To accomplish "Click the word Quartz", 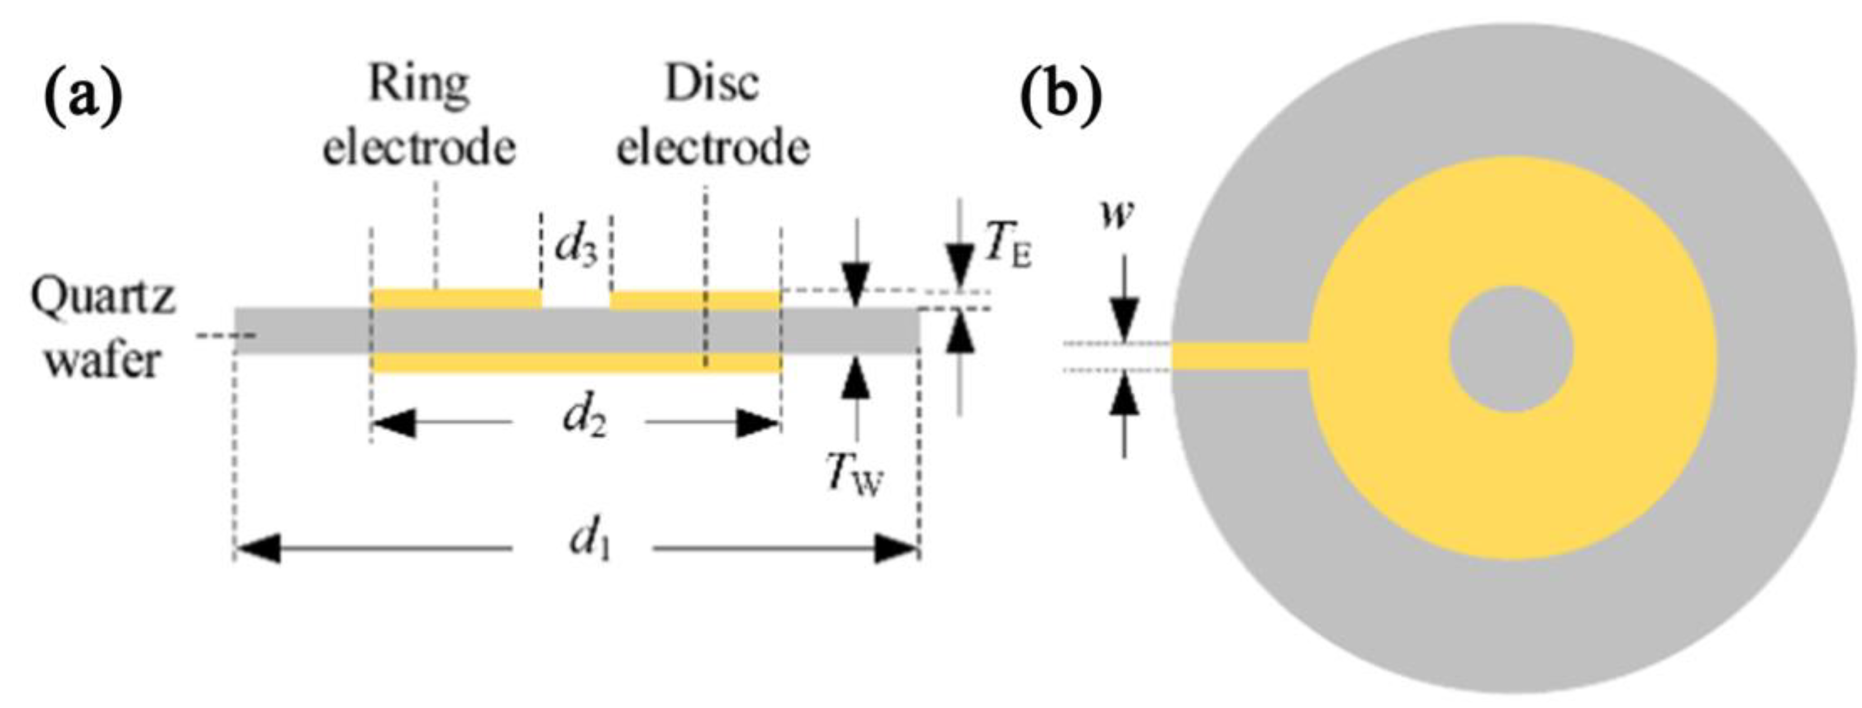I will (103, 298).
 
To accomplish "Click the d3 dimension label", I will (576, 248).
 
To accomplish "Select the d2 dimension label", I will (584, 420).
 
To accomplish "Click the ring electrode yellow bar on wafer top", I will (457, 298).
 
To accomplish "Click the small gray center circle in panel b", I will (1511, 350).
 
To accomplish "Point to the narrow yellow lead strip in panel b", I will (1240, 356).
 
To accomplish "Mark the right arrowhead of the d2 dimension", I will (758, 423).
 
